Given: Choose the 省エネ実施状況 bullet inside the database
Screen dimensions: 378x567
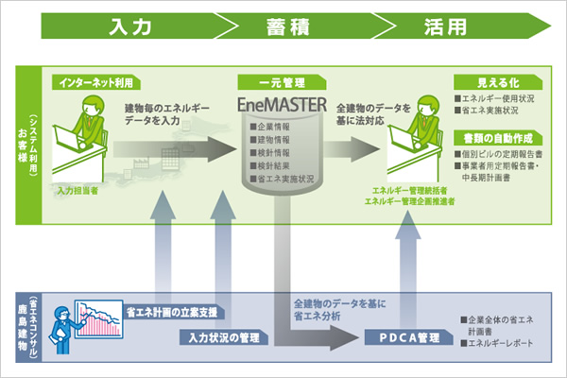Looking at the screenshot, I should [281, 178].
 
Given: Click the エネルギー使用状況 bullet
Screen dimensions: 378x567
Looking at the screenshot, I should [496, 98].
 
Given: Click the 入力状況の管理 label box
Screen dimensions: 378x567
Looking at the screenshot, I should [220, 335].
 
